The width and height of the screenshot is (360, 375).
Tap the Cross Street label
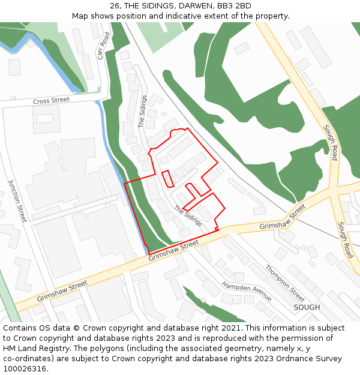point(52,101)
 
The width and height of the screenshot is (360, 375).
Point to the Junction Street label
point(17,200)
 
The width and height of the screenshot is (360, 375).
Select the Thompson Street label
point(285,283)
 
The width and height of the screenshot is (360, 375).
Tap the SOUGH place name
point(307,307)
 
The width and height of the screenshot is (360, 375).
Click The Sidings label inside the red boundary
point(188,216)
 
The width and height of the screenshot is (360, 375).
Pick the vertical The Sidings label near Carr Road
point(143,111)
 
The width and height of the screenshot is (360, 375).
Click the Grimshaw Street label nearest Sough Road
point(282,219)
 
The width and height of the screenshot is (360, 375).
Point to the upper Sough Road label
point(331,142)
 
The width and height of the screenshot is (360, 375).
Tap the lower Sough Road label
point(345,240)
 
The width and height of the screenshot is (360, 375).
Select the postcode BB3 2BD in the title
point(235,6)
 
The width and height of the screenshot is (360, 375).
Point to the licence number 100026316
point(25,368)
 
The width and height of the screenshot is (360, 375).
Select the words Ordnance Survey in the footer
point(310,358)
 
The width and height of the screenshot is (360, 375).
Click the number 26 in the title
point(115,6)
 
